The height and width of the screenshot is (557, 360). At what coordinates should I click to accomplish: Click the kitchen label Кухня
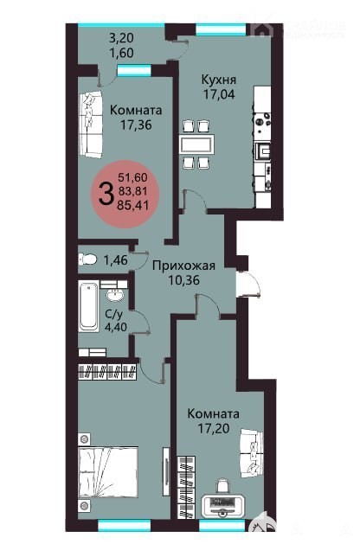tap(219, 80)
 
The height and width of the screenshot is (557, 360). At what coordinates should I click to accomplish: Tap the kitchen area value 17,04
tap(219, 94)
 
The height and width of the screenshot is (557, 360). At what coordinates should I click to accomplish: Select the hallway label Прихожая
tap(183, 266)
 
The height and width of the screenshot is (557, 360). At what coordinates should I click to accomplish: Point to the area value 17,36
tap(136, 125)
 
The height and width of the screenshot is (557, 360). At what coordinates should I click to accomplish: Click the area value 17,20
tap(213, 429)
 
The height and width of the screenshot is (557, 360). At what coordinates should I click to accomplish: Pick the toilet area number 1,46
tap(115, 260)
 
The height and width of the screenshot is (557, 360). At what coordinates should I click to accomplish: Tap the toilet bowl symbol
tap(87, 259)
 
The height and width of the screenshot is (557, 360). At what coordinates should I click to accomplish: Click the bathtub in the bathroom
tap(88, 306)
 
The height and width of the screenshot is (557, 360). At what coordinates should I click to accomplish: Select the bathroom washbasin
tap(114, 295)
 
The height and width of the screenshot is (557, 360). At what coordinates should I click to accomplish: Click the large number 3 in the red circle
tap(106, 194)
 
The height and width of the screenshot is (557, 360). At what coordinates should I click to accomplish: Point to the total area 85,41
tap(133, 205)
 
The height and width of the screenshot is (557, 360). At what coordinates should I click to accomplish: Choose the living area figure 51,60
tap(132, 177)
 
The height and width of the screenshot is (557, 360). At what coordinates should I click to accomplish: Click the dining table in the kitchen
tap(197, 144)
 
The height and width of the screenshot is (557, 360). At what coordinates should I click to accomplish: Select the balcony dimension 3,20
tap(121, 37)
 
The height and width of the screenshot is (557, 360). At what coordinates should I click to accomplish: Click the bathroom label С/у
tap(114, 314)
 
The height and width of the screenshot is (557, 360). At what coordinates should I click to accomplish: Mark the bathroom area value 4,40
tap(115, 326)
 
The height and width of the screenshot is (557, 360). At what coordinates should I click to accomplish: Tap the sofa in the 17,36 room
tap(91, 125)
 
